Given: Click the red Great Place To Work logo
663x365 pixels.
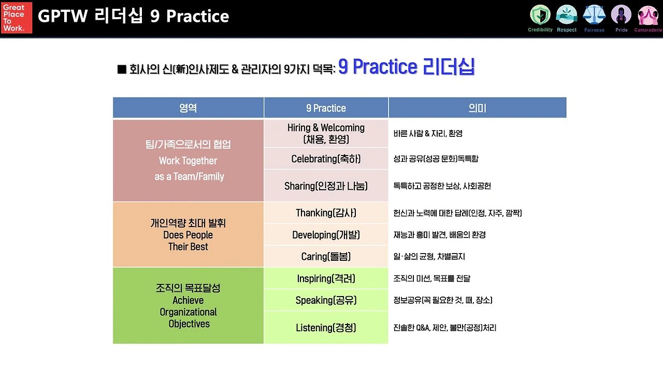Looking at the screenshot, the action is pyautogui.click(x=17, y=18).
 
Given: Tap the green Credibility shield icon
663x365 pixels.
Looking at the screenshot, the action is pyautogui.click(x=540, y=15).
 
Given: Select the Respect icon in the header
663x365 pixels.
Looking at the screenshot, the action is pyautogui.click(x=567, y=15).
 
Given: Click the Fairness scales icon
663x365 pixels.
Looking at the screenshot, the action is pyautogui.click(x=594, y=15).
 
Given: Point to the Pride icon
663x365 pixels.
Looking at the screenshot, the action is pyautogui.click(x=621, y=15).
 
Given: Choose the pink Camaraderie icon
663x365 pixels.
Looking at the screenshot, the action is pyautogui.click(x=647, y=15).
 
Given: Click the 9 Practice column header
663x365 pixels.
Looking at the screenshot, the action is pyautogui.click(x=326, y=107).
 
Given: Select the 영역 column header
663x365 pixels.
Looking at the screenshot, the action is pyautogui.click(x=188, y=107).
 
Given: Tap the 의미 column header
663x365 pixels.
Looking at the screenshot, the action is pyautogui.click(x=478, y=107).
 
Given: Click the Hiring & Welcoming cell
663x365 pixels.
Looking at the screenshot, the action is pyautogui.click(x=326, y=133).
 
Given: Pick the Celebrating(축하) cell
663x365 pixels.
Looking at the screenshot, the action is pyautogui.click(x=326, y=159).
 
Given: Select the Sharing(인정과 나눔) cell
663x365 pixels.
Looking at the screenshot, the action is pyautogui.click(x=326, y=186).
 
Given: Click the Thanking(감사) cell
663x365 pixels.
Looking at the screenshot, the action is pyautogui.click(x=326, y=213).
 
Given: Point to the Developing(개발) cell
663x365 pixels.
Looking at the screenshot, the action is pyautogui.click(x=326, y=235).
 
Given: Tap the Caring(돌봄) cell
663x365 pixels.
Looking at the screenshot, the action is pyautogui.click(x=326, y=256).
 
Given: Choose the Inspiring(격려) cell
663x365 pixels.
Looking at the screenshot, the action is pyautogui.click(x=326, y=278).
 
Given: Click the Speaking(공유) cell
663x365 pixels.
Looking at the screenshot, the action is pyautogui.click(x=326, y=300).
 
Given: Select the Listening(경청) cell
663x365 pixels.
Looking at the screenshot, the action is pyautogui.click(x=326, y=328).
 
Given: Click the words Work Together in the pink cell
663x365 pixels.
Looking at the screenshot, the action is pyautogui.click(x=188, y=161).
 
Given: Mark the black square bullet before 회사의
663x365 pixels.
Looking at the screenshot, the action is pyautogui.click(x=122, y=69).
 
